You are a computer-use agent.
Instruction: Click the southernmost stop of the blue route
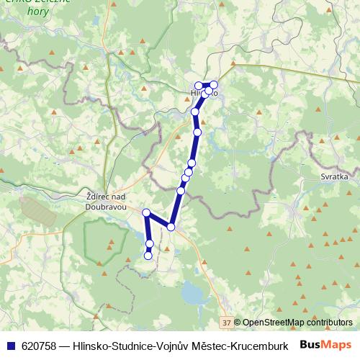[148, 255]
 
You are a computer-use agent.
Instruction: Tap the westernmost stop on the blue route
[146, 212]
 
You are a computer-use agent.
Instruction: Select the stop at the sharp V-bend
[171, 227]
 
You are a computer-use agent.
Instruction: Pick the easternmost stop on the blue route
[213, 85]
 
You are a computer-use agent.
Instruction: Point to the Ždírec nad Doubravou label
[106, 201]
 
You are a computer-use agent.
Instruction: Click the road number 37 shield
[227, 322]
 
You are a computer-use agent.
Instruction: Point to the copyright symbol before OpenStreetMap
[238, 322]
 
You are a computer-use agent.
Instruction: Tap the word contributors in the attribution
[329, 322]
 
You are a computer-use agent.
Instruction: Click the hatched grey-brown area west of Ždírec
[38, 209]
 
